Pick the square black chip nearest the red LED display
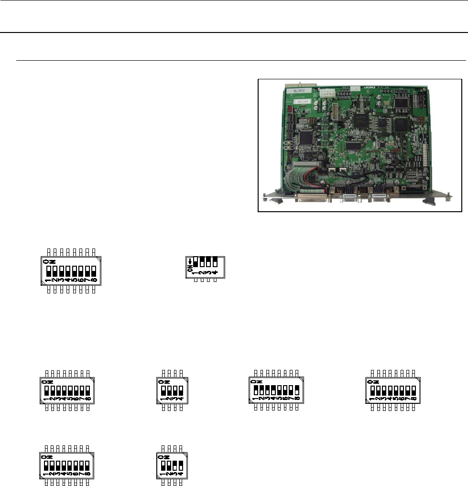pyautogui.click(x=306, y=137)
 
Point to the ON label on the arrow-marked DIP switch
pyautogui.click(x=190, y=270)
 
